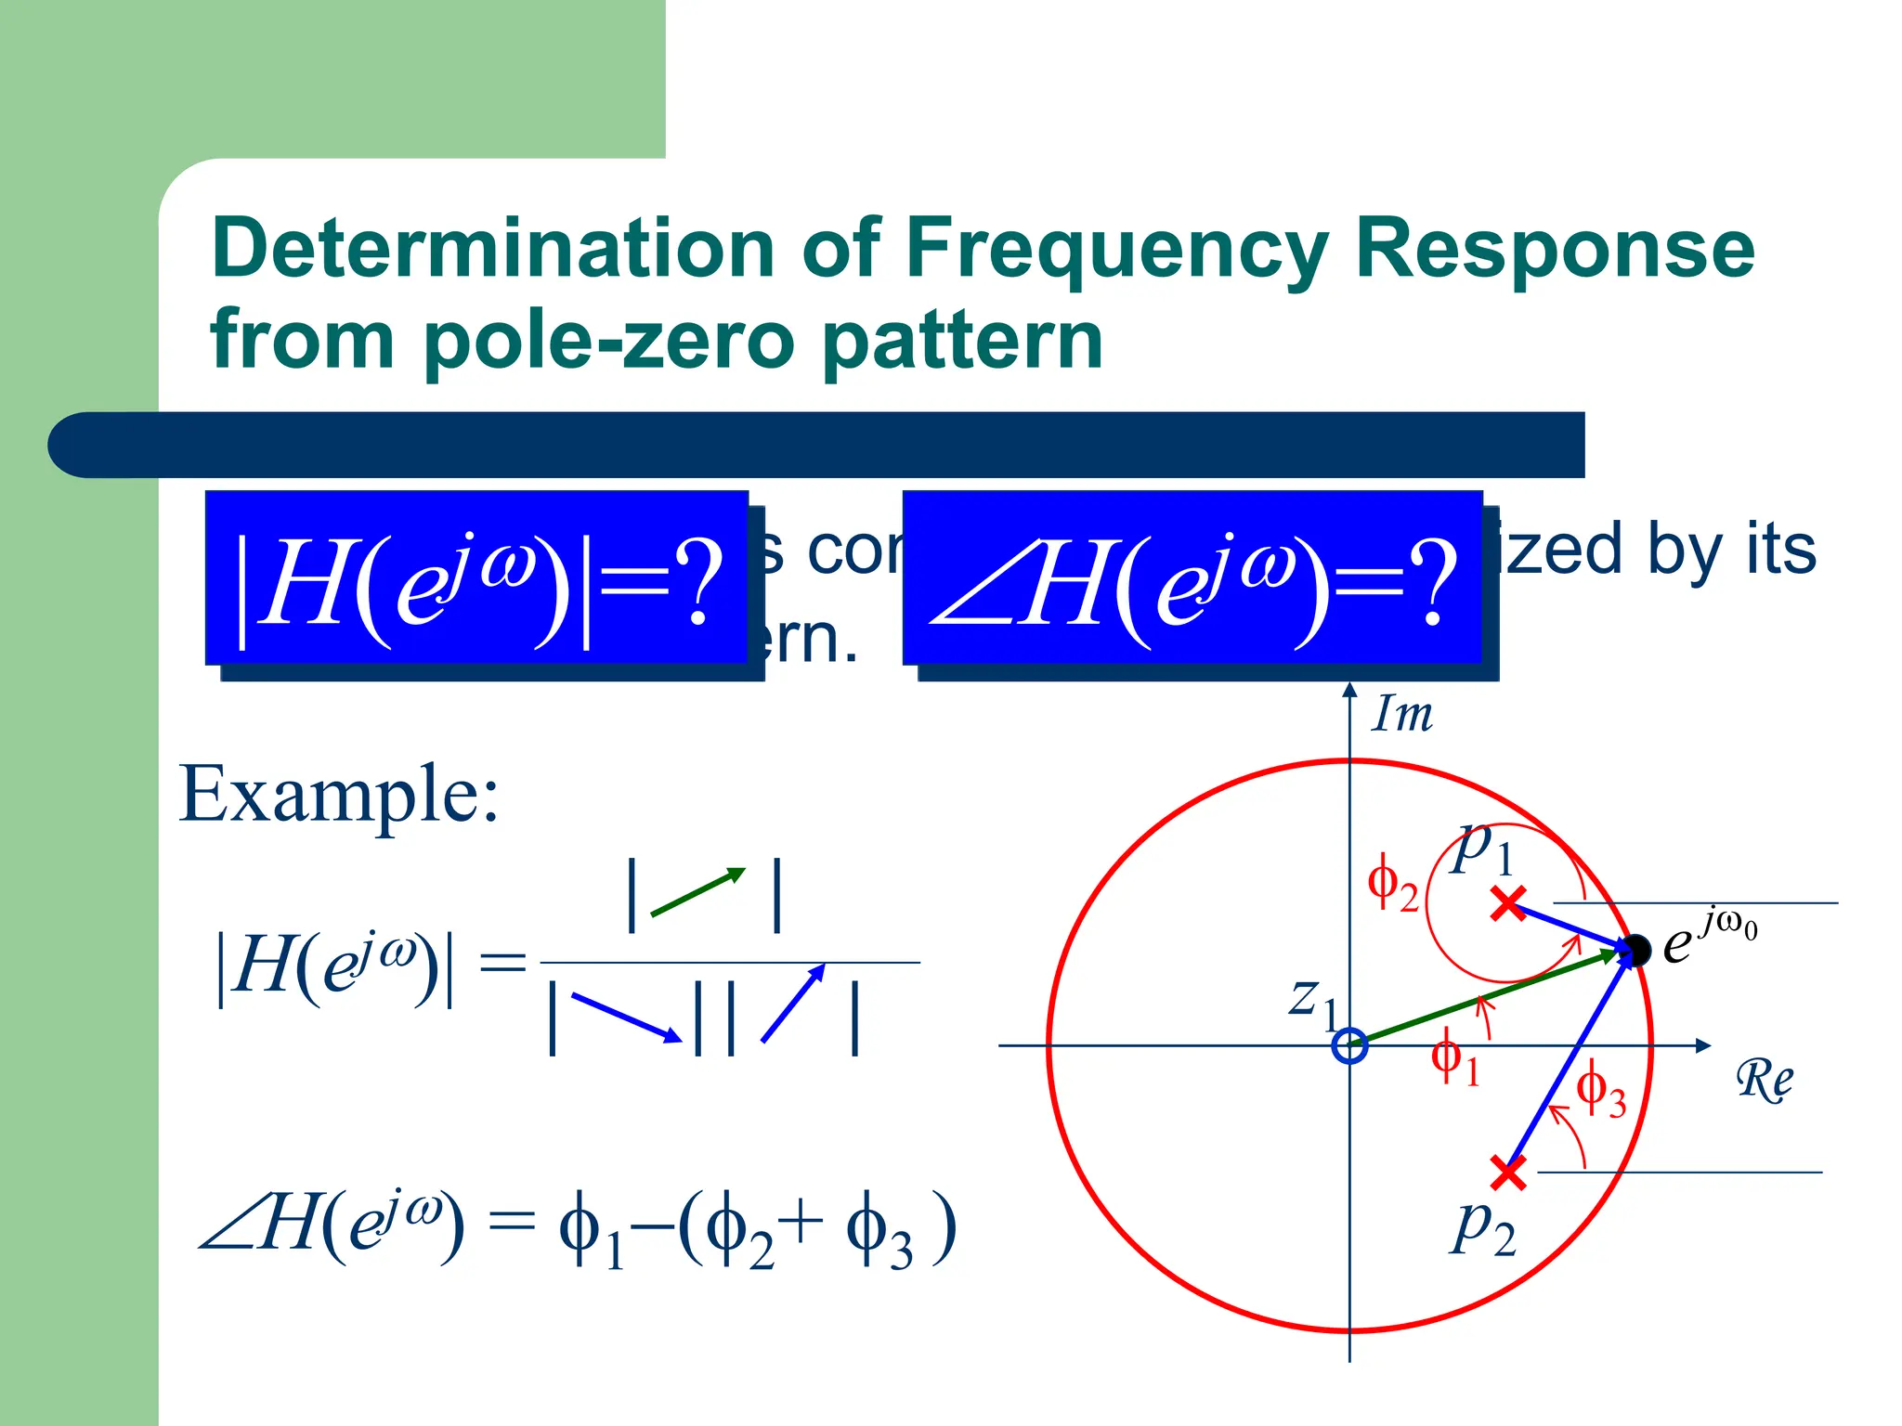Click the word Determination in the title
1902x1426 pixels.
pos(492,249)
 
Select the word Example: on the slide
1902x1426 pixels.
pos(339,795)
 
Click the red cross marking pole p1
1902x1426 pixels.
pos(1508,903)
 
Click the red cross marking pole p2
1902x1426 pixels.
pos(1508,1173)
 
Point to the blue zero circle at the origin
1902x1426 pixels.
pos(1349,1045)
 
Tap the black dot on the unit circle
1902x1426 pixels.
pos(1636,950)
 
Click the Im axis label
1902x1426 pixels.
pos(1402,715)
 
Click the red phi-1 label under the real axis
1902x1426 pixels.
pos(1455,1059)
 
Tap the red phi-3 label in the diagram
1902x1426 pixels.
pos(1601,1090)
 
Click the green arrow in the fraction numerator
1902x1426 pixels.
pos(698,892)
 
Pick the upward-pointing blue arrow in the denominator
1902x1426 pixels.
pos(793,1003)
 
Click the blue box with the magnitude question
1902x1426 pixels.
pos(477,578)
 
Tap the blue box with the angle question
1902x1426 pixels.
pos(1192,578)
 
